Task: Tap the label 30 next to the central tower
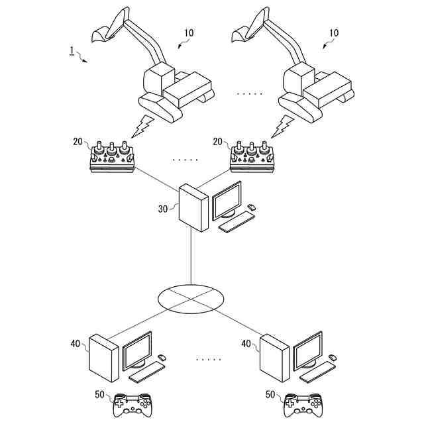coord(163,209)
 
